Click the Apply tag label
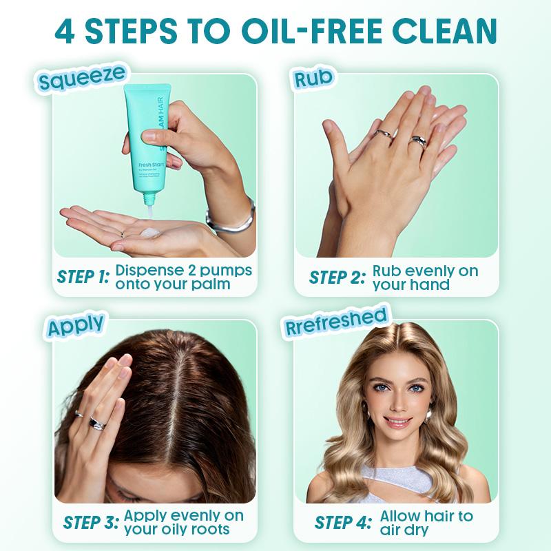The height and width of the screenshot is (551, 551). click(76, 324)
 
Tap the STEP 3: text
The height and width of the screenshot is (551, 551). click(91, 522)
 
